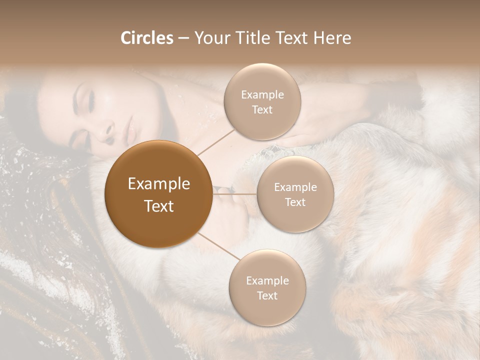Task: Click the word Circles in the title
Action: tap(146, 38)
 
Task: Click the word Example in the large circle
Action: tap(158, 184)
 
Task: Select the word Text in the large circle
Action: tap(158, 206)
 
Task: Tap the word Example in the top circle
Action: tap(262, 95)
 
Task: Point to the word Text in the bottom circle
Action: tap(267, 295)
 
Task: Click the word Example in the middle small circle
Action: tap(295, 187)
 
